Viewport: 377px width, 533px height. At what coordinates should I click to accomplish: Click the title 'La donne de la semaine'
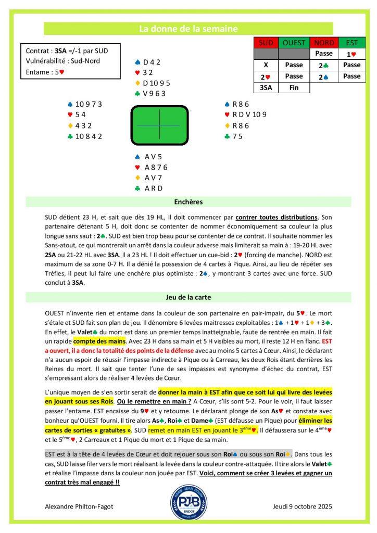click(x=188, y=29)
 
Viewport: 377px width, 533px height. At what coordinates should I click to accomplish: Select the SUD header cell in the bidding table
click(x=266, y=43)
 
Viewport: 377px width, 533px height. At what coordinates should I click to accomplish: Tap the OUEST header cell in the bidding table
click(x=294, y=43)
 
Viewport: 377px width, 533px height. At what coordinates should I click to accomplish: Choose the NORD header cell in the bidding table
click(x=324, y=43)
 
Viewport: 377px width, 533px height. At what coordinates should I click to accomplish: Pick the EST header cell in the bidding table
click(x=352, y=43)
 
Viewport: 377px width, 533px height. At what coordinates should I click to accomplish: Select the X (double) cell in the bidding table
click(x=266, y=65)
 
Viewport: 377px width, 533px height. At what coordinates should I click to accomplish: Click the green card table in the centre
click(x=158, y=125)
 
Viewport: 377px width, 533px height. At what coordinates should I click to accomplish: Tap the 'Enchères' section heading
click(x=188, y=201)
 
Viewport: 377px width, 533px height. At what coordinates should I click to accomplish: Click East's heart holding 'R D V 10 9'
click(x=244, y=115)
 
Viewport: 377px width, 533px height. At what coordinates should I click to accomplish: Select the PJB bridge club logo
click(x=188, y=502)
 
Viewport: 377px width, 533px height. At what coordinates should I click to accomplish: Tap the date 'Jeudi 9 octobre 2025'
click(x=301, y=506)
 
